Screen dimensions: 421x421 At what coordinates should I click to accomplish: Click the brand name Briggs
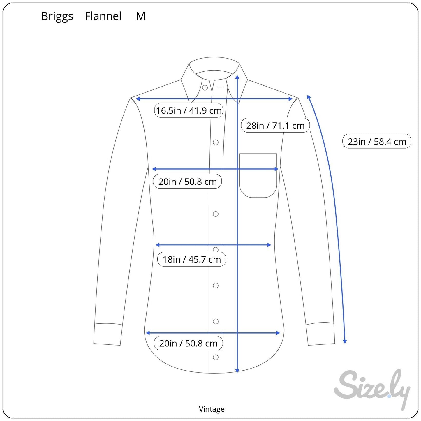click(x=57, y=16)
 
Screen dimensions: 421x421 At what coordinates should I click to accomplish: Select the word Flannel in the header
click(x=103, y=16)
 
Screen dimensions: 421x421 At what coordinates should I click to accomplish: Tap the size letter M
click(x=141, y=16)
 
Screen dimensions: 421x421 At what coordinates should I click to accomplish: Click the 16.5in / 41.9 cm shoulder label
click(x=189, y=110)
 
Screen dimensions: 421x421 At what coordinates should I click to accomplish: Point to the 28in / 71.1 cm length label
click(x=275, y=126)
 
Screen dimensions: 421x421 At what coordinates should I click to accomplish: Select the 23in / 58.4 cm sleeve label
click(x=377, y=141)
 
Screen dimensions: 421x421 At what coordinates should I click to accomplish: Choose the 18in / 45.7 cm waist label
click(x=192, y=259)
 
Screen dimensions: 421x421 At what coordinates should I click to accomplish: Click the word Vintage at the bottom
click(x=212, y=409)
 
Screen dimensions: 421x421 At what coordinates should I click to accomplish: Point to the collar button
click(x=205, y=88)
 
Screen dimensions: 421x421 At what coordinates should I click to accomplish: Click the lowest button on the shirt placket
click(x=216, y=357)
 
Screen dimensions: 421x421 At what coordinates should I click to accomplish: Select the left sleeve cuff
click(x=108, y=334)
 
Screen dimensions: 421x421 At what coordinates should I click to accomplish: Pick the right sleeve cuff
click(x=321, y=334)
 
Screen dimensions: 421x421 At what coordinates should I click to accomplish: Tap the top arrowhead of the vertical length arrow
click(x=237, y=77)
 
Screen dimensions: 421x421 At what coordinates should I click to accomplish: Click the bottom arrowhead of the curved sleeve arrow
click(x=345, y=341)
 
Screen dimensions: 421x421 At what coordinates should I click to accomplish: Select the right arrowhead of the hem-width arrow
click(x=278, y=333)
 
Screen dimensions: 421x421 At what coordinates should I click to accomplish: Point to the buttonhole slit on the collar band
click(x=220, y=87)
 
